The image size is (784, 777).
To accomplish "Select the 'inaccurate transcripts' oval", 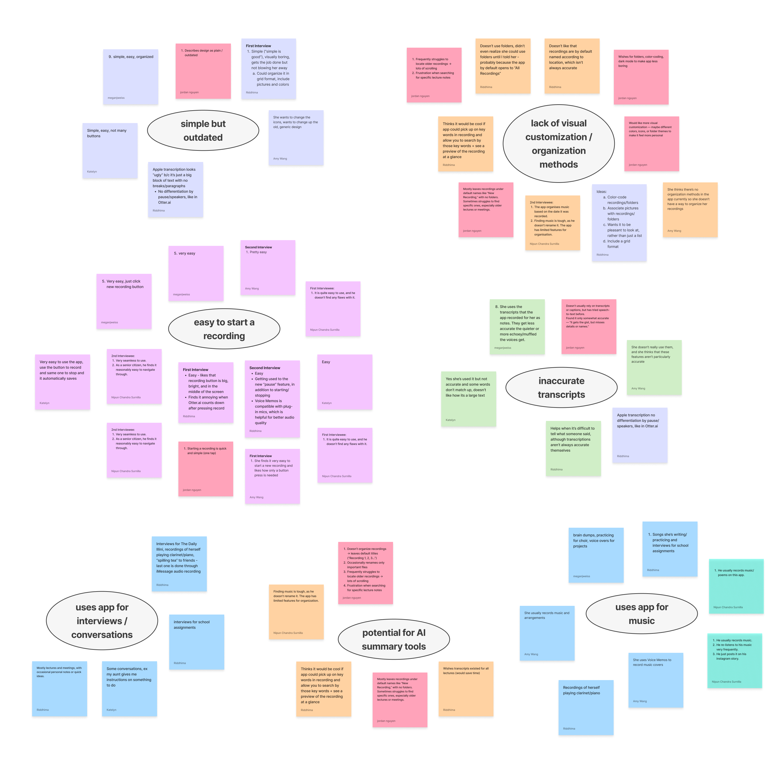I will coord(561,387).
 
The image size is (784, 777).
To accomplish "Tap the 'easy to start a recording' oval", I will coord(224,329).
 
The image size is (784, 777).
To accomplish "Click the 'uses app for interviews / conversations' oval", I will coord(102,621).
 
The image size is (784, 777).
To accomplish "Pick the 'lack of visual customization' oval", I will coord(558,144).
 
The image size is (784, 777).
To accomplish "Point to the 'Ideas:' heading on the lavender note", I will coord(601,191).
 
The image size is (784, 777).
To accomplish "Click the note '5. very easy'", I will coord(196,274).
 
